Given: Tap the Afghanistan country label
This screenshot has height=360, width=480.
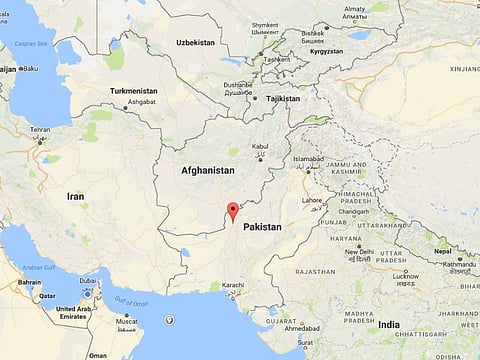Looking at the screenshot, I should coord(207,171).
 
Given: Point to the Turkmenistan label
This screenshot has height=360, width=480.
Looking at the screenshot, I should coord(134,91).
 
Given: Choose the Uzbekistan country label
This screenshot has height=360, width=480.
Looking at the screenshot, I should coord(195,43).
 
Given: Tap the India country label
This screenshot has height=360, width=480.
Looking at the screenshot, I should coord(389,325).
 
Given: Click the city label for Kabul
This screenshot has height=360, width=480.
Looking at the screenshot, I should coord(260,146).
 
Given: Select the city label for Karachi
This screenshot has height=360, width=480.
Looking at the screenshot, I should coord(233,287).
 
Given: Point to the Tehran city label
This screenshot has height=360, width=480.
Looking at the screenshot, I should coord(40,130).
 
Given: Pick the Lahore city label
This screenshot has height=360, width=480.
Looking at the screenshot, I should coord(313,199).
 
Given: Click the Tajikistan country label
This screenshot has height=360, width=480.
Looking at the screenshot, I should coord(282,99).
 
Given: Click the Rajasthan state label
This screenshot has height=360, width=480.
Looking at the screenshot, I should coord(314,271).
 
